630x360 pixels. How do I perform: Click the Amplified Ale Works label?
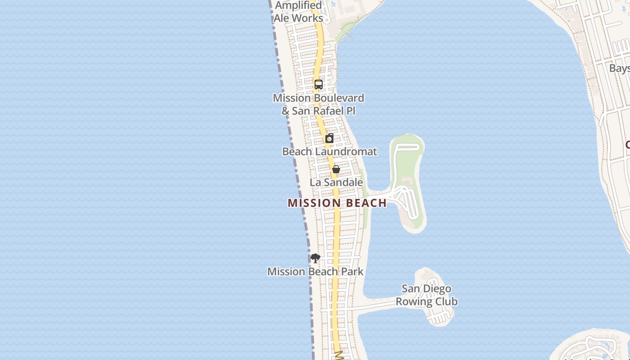click(x=298, y=12)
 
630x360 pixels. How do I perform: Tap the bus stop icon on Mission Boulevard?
click(x=319, y=84)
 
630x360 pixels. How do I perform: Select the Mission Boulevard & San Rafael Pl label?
click(x=318, y=104)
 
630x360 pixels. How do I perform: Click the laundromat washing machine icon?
click(x=329, y=138)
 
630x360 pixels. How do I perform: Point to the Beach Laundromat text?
click(x=329, y=152)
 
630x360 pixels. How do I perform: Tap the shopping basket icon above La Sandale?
click(x=336, y=169)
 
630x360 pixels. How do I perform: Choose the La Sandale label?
click(x=336, y=182)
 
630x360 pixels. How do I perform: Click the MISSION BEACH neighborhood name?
click(x=337, y=203)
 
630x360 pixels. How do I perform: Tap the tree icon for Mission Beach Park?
click(x=315, y=258)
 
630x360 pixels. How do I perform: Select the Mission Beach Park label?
click(x=315, y=271)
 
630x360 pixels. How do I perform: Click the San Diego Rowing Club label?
click(x=427, y=295)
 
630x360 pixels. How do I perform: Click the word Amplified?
click(x=298, y=5)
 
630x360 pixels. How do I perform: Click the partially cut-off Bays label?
click(x=619, y=68)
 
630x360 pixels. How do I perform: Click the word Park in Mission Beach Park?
click(x=352, y=271)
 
